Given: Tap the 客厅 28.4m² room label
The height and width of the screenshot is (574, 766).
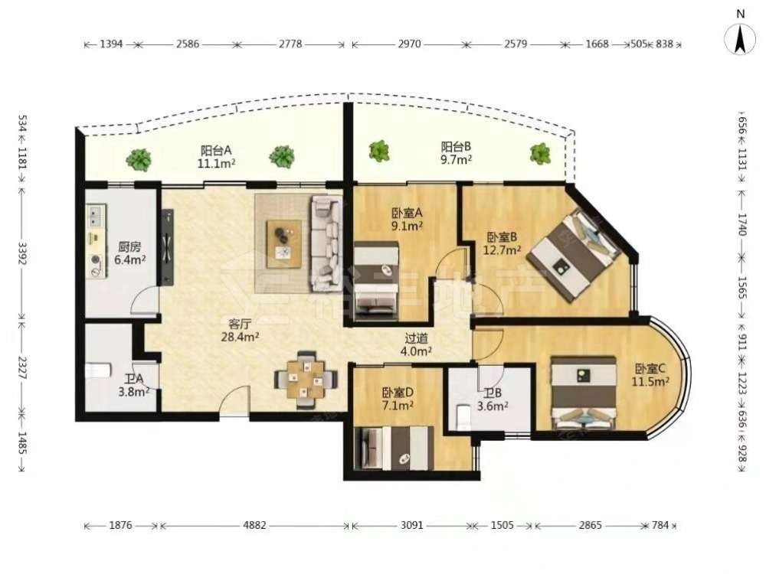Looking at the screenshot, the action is coord(240,331).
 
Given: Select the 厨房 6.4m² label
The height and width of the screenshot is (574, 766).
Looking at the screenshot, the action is coord(130,253).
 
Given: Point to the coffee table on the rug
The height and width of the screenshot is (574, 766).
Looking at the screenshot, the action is coord(284,243).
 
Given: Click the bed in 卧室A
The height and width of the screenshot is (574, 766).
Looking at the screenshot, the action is coord(375,281).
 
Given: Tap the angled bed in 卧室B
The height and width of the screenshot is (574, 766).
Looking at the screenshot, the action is coord(574,254).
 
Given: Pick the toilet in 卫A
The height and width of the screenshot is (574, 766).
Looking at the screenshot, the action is coord(99,370).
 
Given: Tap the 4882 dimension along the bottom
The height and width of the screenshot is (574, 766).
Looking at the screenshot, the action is coord(254,526).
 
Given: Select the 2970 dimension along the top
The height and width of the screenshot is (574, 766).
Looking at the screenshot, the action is coord(409,44).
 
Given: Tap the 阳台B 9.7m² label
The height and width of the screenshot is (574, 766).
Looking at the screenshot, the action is coord(457,153).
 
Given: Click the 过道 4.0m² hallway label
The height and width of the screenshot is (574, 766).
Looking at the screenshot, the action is coord(417,344).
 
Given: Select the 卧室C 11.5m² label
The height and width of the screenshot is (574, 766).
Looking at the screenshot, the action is coord(650,375).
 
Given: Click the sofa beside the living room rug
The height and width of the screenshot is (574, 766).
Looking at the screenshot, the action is coord(326,243).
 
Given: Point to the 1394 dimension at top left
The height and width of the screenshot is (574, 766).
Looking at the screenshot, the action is coord(111,44).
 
